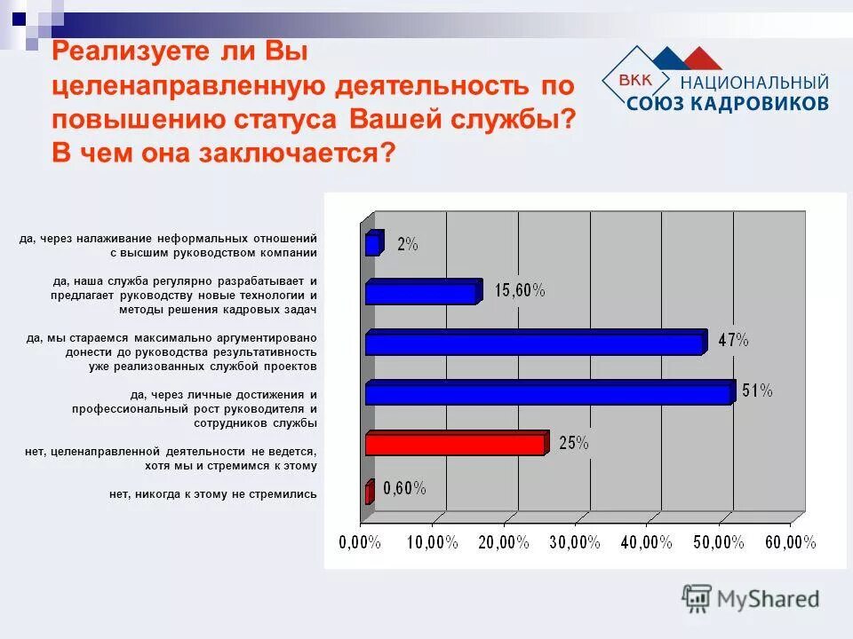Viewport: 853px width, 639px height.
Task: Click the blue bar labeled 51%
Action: pos(549,393)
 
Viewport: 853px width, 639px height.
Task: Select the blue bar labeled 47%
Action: pos(535,343)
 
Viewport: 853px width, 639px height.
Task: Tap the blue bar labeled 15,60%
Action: pos(423,292)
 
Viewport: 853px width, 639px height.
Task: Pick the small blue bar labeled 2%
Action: pos(373,243)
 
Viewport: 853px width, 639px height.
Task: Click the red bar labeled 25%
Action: pos(456,443)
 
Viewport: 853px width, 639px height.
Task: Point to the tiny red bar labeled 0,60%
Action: pos(369,493)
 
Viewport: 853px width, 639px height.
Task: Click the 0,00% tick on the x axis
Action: pos(359,542)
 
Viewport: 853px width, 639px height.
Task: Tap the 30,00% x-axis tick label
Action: pos(575,542)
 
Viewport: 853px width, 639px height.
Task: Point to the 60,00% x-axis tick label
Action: pos(790,542)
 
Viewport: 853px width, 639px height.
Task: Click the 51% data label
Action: pos(757,390)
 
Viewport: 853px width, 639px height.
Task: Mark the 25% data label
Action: pos(573,443)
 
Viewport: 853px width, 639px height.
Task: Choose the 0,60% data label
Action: pos(404,488)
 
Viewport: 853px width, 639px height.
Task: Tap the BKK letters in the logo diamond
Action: pos(634,82)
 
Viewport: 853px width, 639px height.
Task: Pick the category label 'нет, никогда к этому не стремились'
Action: pos(212,494)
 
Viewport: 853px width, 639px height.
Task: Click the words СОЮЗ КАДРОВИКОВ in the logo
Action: pos(728,103)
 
